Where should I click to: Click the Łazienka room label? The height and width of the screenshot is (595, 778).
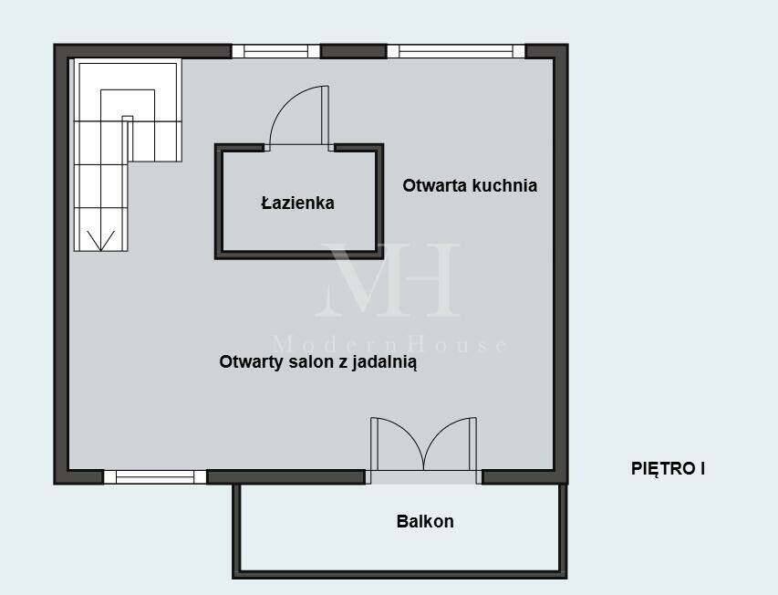coord(297,203)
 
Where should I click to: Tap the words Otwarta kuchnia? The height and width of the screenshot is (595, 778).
coord(470,185)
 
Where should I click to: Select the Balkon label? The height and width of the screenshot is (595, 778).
coord(425,522)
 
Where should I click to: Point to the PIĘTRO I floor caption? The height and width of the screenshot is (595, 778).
coord(668,468)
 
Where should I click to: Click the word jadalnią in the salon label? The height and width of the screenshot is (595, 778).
coord(385,363)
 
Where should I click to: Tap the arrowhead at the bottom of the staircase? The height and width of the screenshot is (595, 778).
coord(100,241)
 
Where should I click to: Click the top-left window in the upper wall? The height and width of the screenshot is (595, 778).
coord(275,51)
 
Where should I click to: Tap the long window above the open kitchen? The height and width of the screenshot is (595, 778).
coord(456,51)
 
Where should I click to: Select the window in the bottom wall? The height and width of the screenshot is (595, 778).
coord(155,477)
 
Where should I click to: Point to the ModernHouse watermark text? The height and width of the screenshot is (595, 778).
coord(390,344)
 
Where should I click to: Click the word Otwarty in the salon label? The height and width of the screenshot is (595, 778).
coord(252,362)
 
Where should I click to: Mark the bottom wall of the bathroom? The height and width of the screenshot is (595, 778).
coord(299,256)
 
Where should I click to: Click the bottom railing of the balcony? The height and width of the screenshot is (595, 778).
coord(399,575)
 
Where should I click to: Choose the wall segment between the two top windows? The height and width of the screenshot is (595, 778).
coord(353,51)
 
